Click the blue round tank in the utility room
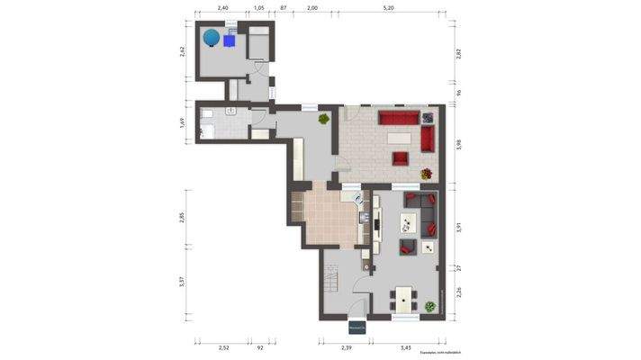pos(211,37)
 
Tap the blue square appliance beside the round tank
pos(232,39)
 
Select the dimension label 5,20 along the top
pos(388,7)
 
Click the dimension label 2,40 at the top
pos(223,7)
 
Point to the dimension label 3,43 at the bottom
pos(406,348)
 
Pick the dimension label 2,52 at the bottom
pos(224,348)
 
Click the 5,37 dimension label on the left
pos(183,282)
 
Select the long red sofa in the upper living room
pos(399,118)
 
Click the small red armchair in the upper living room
pos(399,159)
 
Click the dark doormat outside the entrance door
pos(357,328)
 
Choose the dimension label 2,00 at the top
pos(312,7)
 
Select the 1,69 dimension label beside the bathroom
pos(183,123)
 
